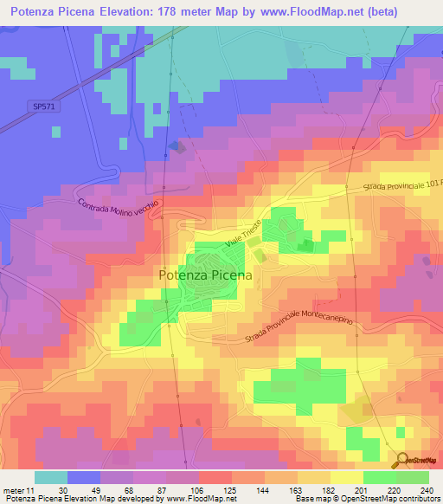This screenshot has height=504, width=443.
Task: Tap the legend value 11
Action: [x=31, y=489]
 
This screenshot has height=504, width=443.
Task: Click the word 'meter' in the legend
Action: [x=13, y=489]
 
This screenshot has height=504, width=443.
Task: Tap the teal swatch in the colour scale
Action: [x=51, y=477]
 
